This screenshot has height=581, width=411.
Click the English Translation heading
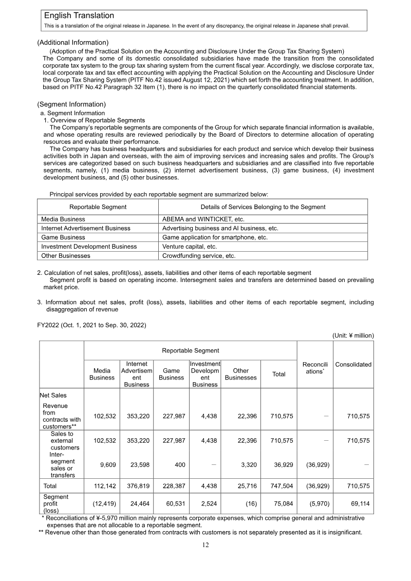(79, 16)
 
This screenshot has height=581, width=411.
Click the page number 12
(205, 545)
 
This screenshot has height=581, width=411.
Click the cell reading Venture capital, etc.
(189, 247)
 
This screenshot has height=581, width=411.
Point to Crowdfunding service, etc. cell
(199, 255)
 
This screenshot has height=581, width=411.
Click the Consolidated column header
(353, 364)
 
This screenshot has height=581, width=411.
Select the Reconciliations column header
(314, 367)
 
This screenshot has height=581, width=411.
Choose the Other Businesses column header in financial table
(240, 374)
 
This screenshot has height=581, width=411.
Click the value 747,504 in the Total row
(282, 485)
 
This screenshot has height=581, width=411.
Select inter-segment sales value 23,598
(139, 464)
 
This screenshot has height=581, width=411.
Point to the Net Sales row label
(53, 396)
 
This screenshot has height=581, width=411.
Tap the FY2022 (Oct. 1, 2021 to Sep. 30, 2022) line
(91, 325)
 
